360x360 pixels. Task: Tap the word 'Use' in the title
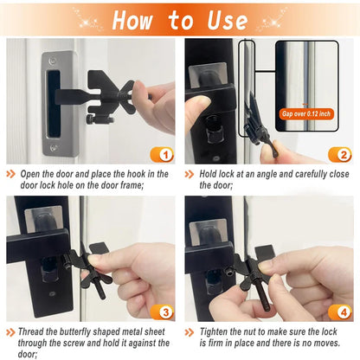coord(227,19)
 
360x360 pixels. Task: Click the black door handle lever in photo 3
coord(35,247)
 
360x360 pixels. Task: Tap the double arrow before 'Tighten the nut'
coord(192,331)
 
